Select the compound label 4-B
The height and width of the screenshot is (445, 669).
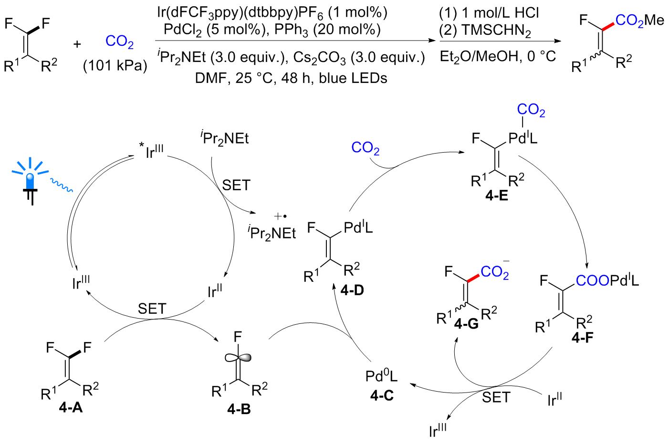[x=239, y=409]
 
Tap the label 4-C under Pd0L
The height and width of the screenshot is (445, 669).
[x=382, y=395]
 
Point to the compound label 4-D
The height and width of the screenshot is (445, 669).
[x=352, y=290]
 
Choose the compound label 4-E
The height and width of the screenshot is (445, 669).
[x=497, y=196]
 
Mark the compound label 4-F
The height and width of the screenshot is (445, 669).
[x=582, y=337]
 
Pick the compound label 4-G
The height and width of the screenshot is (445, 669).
[x=466, y=323]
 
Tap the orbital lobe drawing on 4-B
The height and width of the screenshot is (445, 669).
[x=238, y=357]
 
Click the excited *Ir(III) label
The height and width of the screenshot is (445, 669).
[x=151, y=151]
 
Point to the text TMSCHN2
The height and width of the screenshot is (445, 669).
[x=496, y=31]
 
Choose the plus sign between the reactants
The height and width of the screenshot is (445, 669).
[x=77, y=44]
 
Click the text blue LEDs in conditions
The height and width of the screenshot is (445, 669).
[x=353, y=78]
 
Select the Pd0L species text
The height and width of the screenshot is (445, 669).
[x=381, y=376]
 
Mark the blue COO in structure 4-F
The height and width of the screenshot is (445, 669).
[x=593, y=280]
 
